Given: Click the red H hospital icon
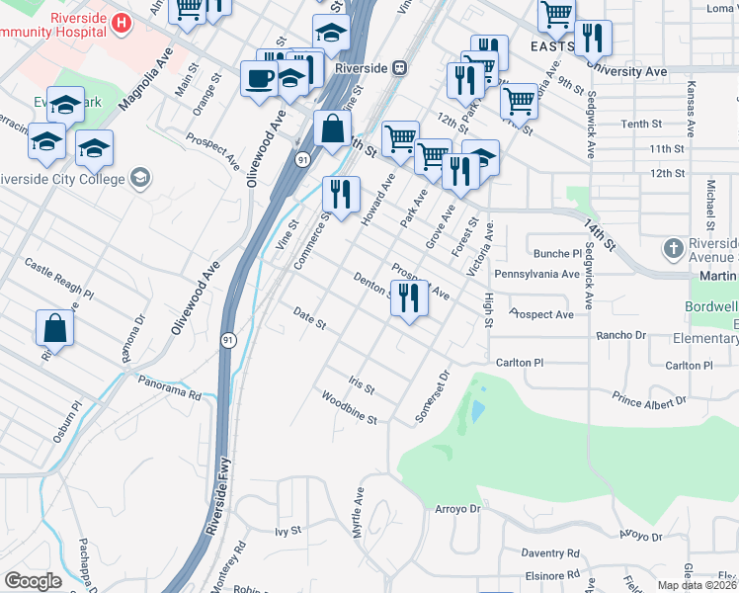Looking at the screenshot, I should point(122,23).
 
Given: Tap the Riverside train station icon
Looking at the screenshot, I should point(400,68).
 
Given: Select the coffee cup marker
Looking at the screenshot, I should point(259,79).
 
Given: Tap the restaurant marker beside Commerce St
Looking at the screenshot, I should point(341,195).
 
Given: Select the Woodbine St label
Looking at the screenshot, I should point(349,407).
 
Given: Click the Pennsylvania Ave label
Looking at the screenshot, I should point(537,274).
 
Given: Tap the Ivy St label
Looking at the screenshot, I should point(287,531).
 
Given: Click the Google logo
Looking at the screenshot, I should point(33,581).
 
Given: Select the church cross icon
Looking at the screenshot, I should point(674,247).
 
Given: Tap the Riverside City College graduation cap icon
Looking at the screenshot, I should point(140,178).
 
